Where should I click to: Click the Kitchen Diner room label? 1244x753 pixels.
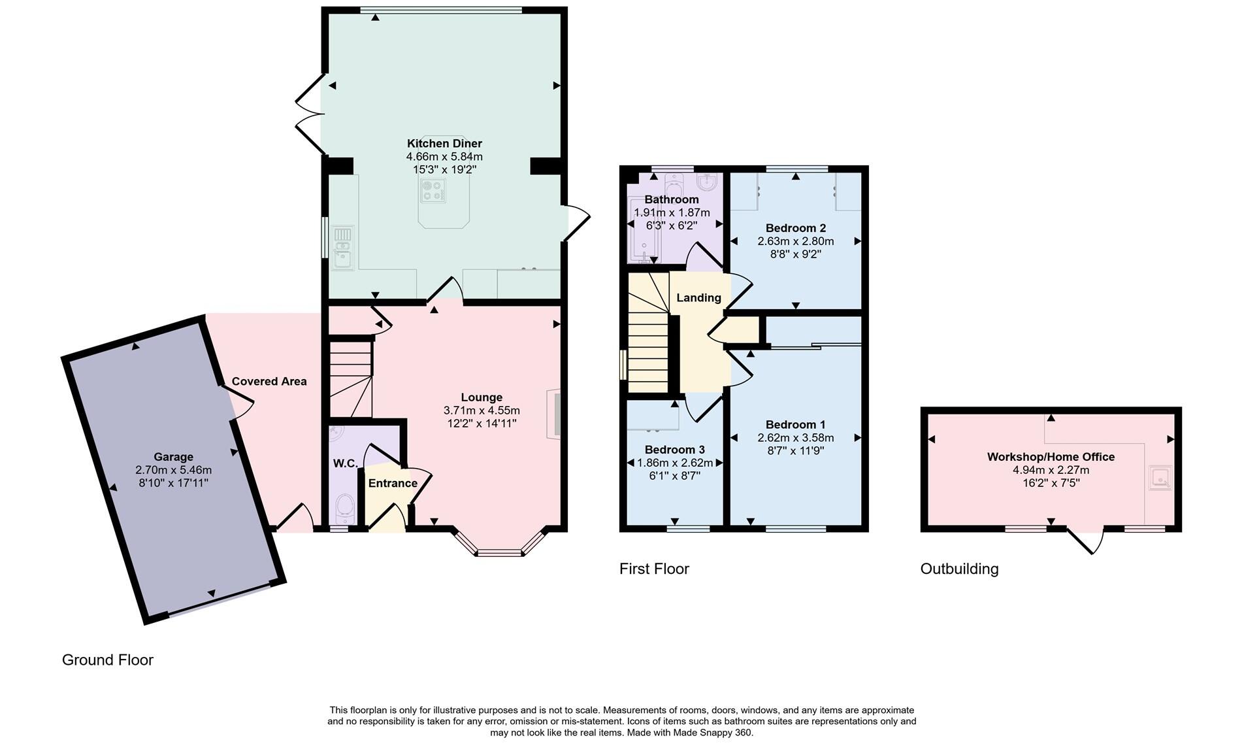[x=444, y=143]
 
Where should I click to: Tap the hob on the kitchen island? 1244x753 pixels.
[x=433, y=190]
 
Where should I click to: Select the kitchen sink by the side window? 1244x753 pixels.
[x=342, y=248]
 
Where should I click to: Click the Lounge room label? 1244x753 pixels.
[x=482, y=397]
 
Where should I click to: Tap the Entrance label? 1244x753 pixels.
[x=393, y=483]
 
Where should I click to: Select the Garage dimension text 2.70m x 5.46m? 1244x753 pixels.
[x=173, y=470]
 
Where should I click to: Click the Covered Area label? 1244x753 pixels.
[x=269, y=381]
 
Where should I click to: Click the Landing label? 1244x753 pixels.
[x=698, y=298]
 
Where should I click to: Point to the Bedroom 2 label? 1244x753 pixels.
[x=796, y=228]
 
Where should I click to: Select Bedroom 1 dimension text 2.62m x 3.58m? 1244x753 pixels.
[x=796, y=437]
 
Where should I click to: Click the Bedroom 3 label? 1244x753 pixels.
[x=674, y=450]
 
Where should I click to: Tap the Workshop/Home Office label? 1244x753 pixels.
[x=1051, y=457]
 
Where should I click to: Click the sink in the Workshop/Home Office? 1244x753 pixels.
[x=1160, y=478]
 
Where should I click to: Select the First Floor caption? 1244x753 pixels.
[x=654, y=569]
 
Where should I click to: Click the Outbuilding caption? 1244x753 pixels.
[x=959, y=569]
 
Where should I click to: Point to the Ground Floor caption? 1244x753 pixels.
[x=108, y=660]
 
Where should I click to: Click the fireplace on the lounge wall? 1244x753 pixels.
[x=554, y=414]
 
